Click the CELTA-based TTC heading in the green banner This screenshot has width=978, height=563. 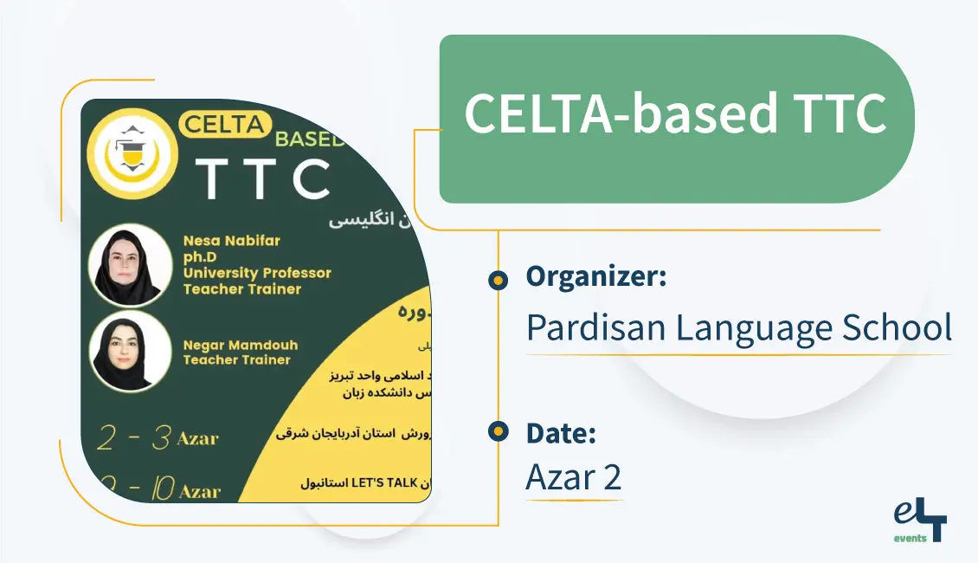675,113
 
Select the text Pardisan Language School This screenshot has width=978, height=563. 739,327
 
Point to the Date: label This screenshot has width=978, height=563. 561,432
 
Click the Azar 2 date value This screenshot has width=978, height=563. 573,477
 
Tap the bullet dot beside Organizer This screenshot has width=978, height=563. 498,279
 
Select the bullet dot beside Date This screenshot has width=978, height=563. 498,432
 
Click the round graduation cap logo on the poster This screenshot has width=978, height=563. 133,153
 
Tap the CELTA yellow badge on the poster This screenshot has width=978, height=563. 223,125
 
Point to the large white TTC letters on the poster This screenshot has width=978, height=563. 262,178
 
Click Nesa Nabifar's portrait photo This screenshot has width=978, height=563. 130,264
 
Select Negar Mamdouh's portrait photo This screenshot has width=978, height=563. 130,351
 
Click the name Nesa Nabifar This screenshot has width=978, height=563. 231,241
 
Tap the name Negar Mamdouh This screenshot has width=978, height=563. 240,345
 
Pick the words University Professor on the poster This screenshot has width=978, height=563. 257,273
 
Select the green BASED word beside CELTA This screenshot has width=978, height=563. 309,139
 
